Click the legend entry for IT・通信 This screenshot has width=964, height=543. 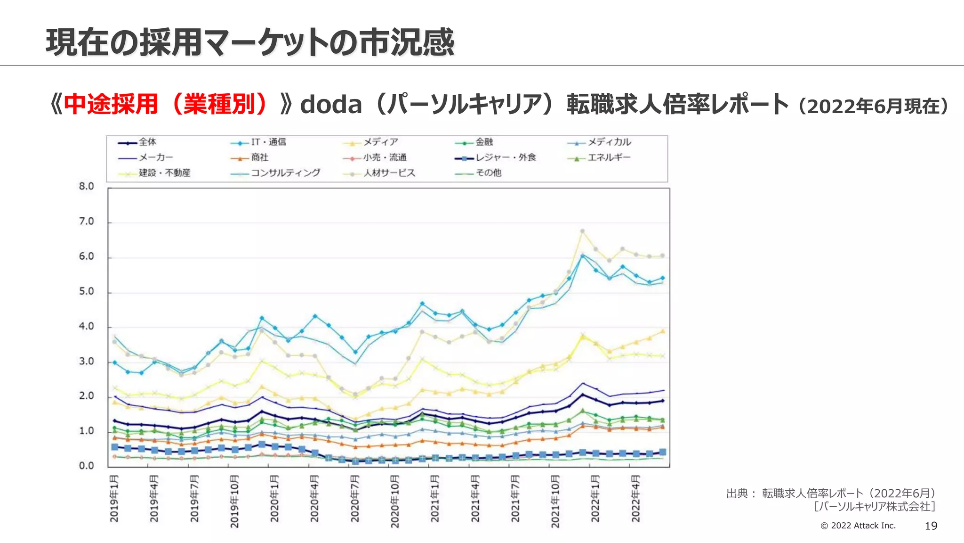click(267, 142)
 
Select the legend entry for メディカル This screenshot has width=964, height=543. click(608, 142)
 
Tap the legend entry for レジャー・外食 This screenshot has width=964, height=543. click(505, 157)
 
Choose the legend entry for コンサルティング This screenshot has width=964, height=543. click(284, 173)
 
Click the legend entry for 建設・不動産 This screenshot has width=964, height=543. click(164, 173)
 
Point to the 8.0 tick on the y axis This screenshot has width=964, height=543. click(87, 187)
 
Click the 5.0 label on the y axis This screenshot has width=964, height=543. click(87, 292)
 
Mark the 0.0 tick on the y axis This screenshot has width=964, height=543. click(87, 466)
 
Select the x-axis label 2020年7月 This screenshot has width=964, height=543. click(354, 499)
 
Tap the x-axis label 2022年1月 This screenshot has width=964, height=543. click(595, 499)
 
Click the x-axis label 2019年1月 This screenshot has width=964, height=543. click(114, 499)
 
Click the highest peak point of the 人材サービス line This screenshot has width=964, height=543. click(582, 231)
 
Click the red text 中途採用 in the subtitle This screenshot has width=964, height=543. click(111, 105)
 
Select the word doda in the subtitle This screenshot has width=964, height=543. click(331, 105)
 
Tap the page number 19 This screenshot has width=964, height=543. click(931, 526)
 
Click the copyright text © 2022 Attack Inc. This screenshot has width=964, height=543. click(858, 526)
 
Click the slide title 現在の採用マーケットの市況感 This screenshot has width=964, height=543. click(249, 42)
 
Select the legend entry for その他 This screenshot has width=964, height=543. click(488, 173)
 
